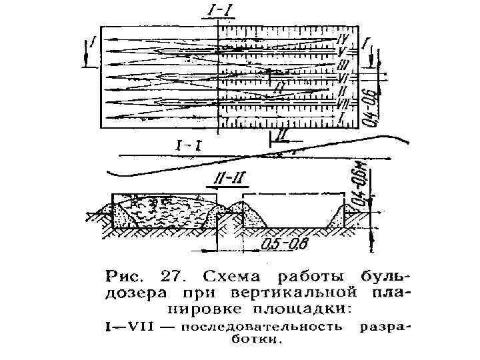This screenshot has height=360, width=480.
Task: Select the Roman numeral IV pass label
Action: (x=345, y=37)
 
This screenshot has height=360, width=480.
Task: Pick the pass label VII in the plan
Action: (x=343, y=103)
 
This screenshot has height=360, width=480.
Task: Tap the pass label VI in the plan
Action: (x=345, y=77)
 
